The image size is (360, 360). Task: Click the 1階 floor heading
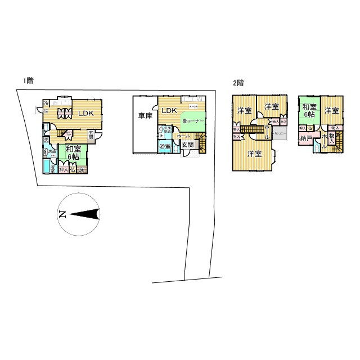[x=29, y=80]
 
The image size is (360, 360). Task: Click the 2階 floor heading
[x=238, y=83]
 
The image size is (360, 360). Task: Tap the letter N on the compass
[x=62, y=214]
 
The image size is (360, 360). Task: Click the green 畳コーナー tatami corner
[x=193, y=121]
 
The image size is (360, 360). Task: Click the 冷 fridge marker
[x=47, y=103]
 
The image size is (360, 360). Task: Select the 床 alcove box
[x=81, y=169]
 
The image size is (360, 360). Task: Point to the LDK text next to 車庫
[x=169, y=111]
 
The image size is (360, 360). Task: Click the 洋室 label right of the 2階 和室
[x=331, y=110]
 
